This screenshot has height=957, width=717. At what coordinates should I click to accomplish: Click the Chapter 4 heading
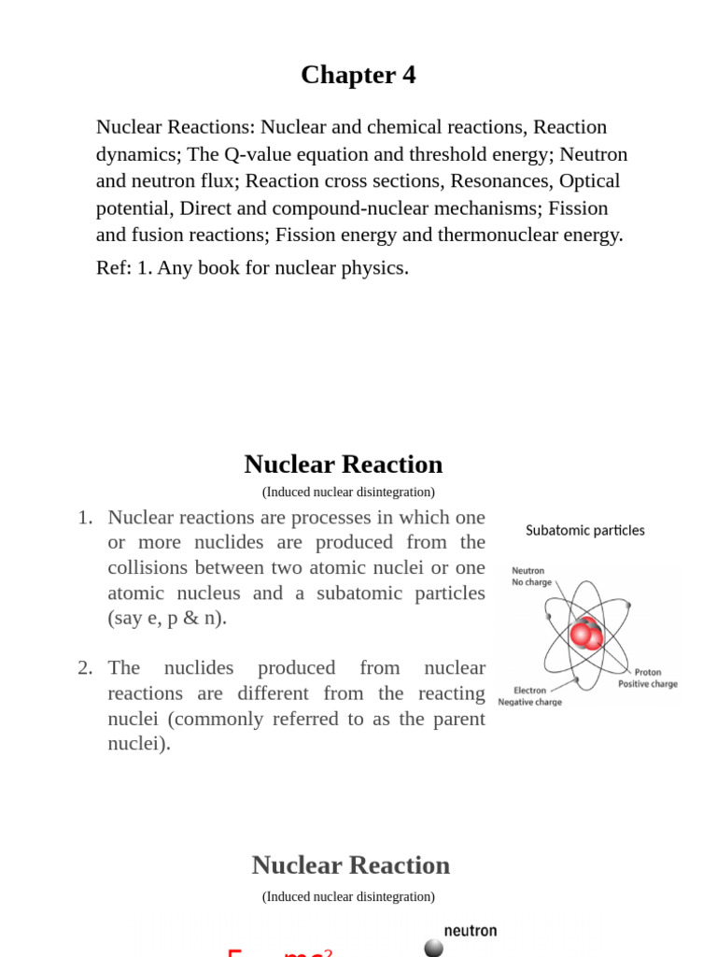[358, 75]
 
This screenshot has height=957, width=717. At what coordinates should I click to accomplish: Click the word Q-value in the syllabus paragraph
[258, 154]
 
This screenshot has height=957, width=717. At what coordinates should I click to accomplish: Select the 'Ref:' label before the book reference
[113, 268]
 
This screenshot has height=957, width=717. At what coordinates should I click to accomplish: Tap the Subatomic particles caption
[584, 531]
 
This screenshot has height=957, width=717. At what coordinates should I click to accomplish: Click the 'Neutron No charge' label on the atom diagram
[531, 577]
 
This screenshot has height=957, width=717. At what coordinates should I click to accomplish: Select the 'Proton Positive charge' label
[647, 678]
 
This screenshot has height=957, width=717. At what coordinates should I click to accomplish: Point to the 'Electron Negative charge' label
[529, 696]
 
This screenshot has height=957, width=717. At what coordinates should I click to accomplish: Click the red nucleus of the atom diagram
[586, 635]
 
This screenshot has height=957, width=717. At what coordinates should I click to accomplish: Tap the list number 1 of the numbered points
[85, 518]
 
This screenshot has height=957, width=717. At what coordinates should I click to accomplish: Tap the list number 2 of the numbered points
[85, 668]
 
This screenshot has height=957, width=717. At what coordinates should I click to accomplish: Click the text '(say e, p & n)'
[167, 619]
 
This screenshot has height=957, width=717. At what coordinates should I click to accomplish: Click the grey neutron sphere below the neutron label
[433, 948]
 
